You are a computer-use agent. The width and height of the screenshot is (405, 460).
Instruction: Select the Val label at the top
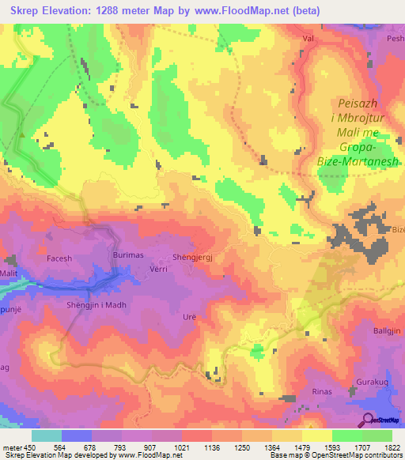coord(308,37)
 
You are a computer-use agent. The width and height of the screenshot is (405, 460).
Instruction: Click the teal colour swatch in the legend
coord(47,435)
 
